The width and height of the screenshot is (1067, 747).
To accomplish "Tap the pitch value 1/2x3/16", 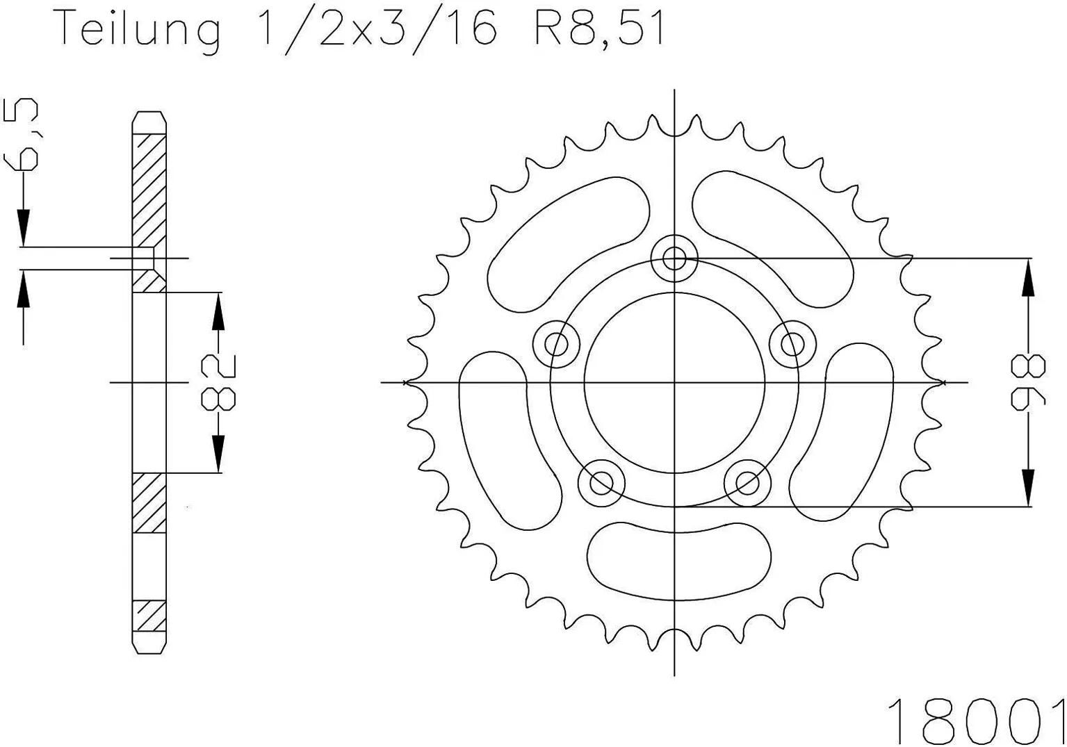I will [377, 29].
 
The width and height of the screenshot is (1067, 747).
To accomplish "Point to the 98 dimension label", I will [1027, 382].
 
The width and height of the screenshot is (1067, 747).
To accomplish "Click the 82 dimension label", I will [218, 381].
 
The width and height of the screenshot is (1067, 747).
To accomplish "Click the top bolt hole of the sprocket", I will [674, 258].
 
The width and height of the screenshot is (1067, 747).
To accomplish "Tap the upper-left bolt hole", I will [556, 343].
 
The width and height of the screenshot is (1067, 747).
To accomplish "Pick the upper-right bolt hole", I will [792, 343].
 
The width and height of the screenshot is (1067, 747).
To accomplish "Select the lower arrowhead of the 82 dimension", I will [218, 455].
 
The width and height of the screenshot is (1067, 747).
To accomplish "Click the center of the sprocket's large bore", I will [674, 382].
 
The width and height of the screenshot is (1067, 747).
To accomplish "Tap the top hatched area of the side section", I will [149, 188].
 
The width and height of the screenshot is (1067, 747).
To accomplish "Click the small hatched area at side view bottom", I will [149, 614].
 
